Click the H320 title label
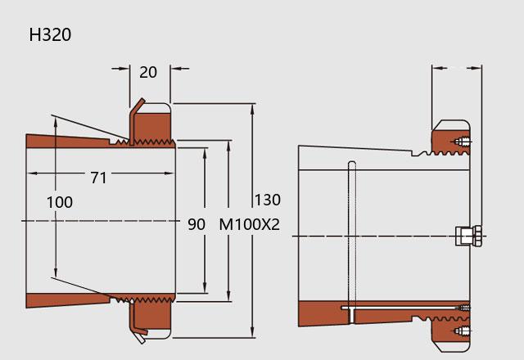(50, 34)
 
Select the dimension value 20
(148, 72)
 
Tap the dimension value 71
(98, 178)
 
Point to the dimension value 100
(60, 202)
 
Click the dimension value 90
(196, 224)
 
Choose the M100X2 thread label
(249, 224)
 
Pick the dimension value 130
(268, 200)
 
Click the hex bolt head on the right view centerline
(469, 236)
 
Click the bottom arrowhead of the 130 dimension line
(253, 332)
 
